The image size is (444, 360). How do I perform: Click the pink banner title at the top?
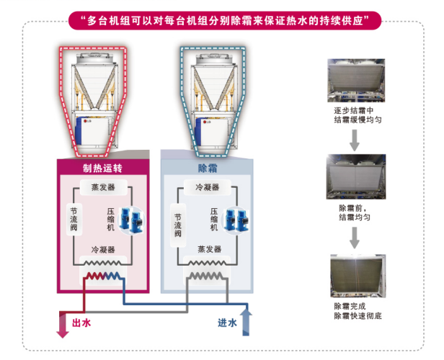point(221,19)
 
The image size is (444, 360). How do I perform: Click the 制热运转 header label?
point(104,168)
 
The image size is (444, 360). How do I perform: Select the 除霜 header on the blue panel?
point(208,168)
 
